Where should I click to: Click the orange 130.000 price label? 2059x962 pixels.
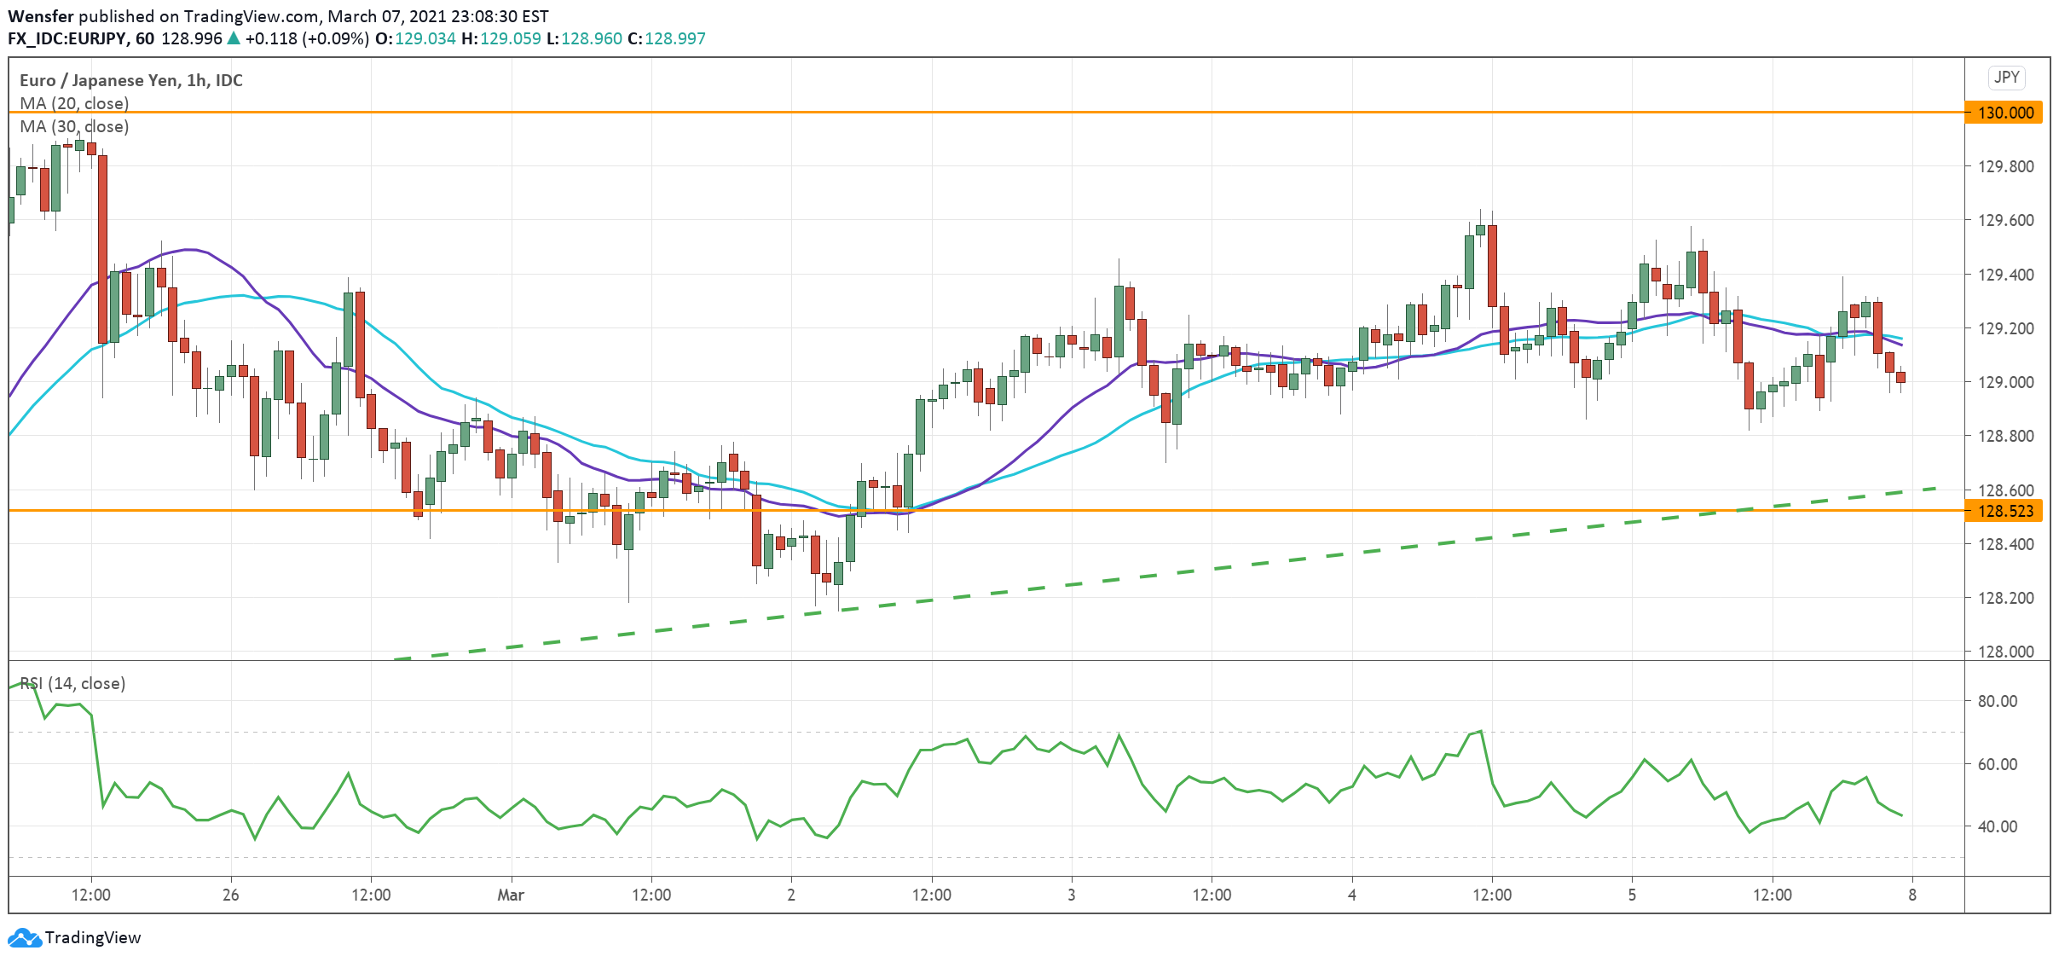pos(2004,113)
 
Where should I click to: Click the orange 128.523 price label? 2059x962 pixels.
pos(2004,511)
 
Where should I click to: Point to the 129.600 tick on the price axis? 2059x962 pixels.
pos(2005,220)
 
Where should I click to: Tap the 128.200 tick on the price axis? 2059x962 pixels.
pos(2005,598)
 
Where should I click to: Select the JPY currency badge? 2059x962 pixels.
pos(2006,78)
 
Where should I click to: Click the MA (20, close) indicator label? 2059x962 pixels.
pos(74,103)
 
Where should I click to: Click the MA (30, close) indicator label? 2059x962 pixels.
pos(74,126)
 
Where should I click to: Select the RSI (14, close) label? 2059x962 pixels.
pos(72,683)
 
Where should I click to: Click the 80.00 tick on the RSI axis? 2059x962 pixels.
pos(1997,701)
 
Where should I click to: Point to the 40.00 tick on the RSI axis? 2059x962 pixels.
pos(1997,826)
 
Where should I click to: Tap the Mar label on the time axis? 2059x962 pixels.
pos(511,895)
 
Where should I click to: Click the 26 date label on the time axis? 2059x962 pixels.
pos(230,895)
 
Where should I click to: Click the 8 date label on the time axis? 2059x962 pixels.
pos(1912,895)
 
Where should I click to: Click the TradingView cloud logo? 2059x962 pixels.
pos(24,938)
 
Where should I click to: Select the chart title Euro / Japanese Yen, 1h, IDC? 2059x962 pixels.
pos(131,80)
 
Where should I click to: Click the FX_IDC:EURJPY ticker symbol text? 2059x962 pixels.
pos(67,38)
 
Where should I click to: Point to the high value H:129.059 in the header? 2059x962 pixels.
pos(500,38)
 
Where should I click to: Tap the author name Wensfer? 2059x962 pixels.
pos(41,16)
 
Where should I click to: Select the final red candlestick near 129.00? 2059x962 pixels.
pos(1900,377)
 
